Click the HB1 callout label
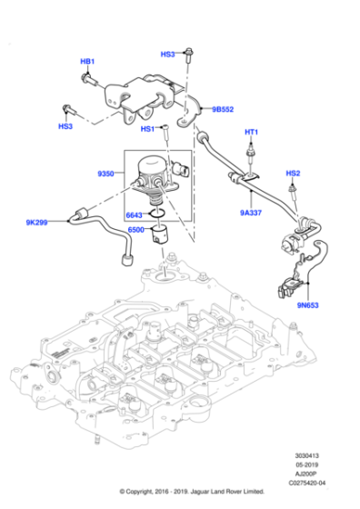(87, 62)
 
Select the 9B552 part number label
(223, 109)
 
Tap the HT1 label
(251, 132)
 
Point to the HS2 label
(293, 174)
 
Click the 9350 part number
(105, 174)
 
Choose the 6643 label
(134, 215)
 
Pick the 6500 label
(136, 230)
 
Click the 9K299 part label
(36, 223)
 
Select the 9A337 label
(251, 213)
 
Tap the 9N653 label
(308, 305)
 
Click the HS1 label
(147, 129)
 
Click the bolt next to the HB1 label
(88, 79)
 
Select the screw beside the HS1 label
(166, 133)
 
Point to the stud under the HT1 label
(251, 153)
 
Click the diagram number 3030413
(306, 455)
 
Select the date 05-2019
(306, 464)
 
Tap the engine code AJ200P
(306, 474)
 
